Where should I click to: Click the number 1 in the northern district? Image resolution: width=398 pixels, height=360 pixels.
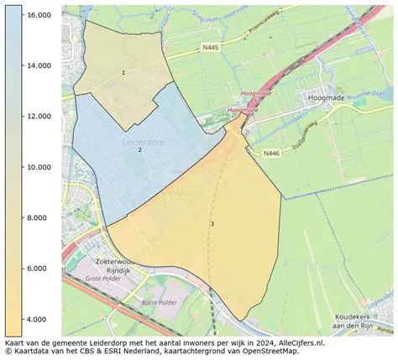tap(123, 73)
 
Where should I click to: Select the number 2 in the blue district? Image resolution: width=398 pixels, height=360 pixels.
tap(140, 149)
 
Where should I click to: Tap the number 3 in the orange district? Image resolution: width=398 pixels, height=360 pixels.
tap(212, 223)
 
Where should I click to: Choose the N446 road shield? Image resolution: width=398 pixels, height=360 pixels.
tap(270, 154)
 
